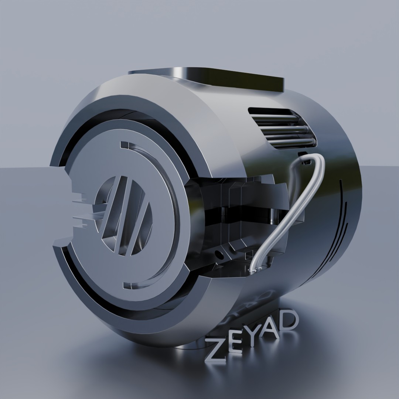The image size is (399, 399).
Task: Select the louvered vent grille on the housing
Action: click(283, 127)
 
